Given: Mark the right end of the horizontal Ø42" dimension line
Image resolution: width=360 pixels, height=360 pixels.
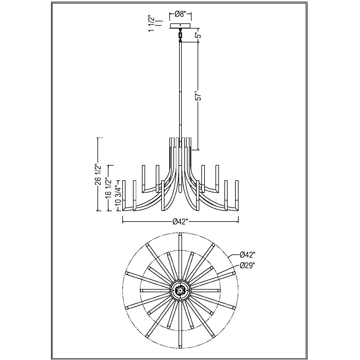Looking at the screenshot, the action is click(238, 222).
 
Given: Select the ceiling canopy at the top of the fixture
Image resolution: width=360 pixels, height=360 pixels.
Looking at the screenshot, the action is click(180, 26).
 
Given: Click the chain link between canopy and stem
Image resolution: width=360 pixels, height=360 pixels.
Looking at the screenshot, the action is click(180, 35).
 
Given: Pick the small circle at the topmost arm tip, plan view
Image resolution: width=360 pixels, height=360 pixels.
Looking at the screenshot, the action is click(180, 234).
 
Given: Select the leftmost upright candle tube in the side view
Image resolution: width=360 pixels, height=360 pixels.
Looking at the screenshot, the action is click(124, 195).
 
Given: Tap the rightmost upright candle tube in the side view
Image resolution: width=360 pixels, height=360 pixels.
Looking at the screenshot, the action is click(237, 195).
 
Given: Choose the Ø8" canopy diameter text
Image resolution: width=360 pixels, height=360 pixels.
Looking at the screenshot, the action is click(180, 14).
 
